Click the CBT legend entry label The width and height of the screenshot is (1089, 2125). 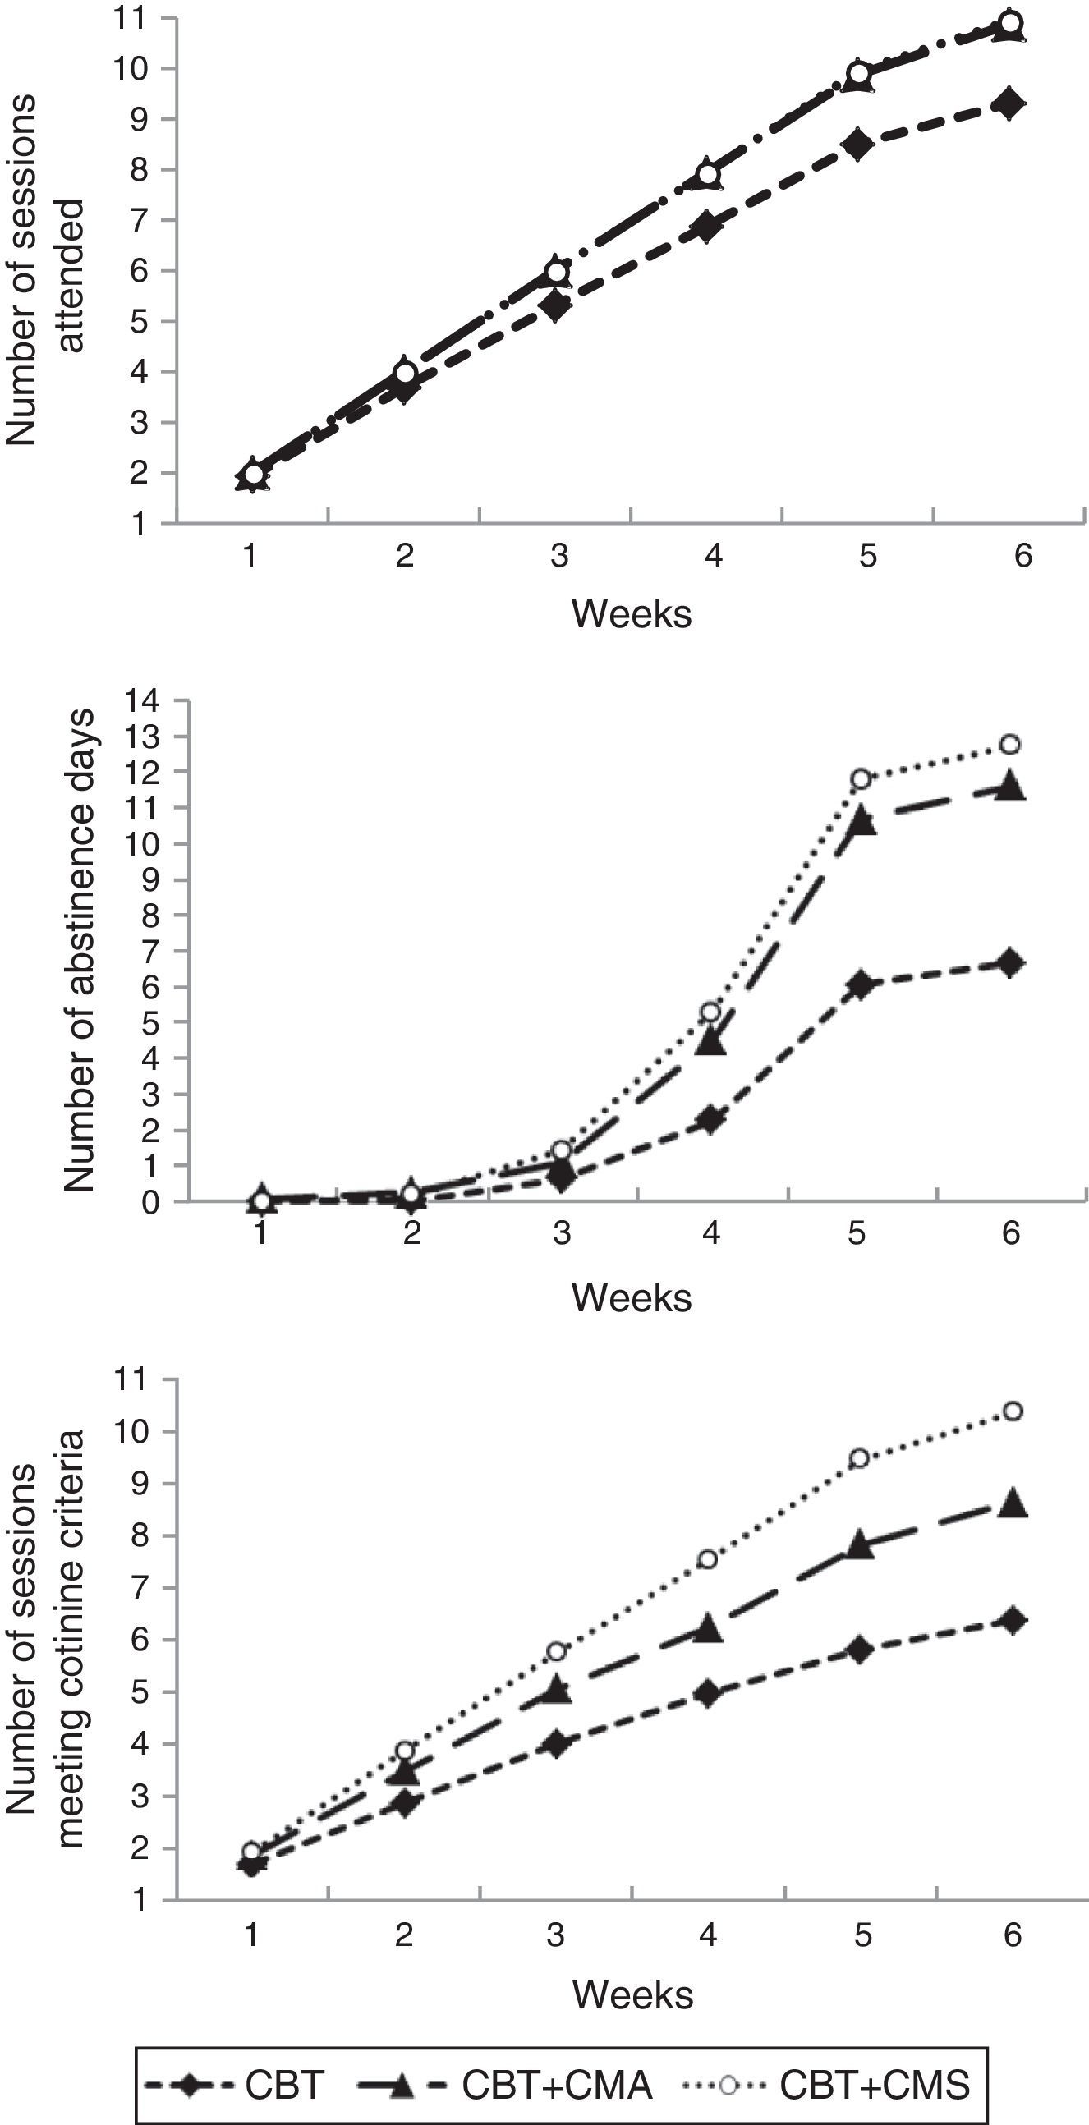pos(284,2086)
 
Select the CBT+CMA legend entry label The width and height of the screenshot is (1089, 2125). pos(557,2086)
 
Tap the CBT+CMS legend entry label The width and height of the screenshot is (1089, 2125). pos(875,2086)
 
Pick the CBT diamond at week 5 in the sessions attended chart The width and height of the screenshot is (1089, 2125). pos(858,145)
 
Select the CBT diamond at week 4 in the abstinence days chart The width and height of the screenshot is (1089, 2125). pos(710,1119)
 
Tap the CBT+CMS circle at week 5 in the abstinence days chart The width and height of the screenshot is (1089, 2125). pos(861,779)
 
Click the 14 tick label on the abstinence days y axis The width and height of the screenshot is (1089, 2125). pos(141,701)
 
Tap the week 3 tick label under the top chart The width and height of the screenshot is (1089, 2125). pos(558,557)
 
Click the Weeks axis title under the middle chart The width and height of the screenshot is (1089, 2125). pos(631,1297)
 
